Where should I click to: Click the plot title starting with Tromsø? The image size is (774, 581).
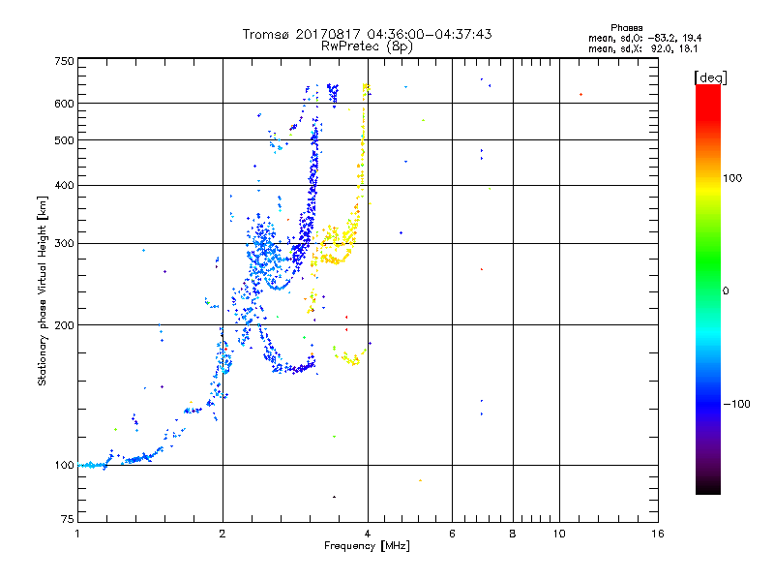(368, 34)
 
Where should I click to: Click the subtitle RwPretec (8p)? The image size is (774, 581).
(367, 46)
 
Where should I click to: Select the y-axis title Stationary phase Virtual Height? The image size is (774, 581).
(43, 290)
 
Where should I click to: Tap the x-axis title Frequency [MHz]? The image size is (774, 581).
(368, 546)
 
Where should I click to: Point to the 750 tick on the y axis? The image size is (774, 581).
(64, 61)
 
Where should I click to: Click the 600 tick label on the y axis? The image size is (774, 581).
(64, 104)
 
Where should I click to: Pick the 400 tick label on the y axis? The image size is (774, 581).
(64, 185)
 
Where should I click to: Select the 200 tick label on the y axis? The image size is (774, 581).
(64, 324)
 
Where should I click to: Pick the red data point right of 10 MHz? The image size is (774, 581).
(580, 94)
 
